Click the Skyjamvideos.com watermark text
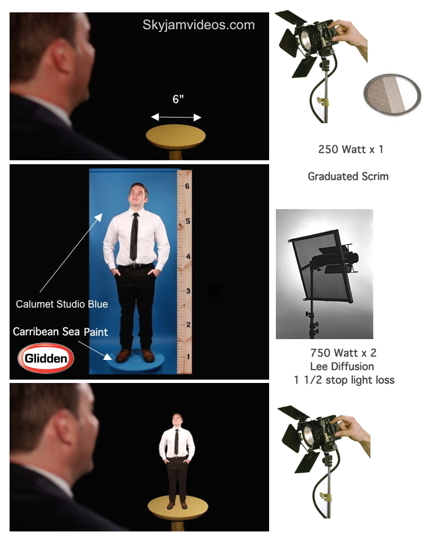[x=199, y=25]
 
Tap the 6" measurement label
[x=178, y=99]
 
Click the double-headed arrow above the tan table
[x=176, y=118]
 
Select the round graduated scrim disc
[x=392, y=94]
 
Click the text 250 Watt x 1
[x=351, y=150]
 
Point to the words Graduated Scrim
[x=348, y=177]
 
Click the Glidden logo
[x=46, y=358]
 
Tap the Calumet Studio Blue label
[x=62, y=304]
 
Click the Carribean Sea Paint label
[x=60, y=332]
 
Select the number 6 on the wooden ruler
[x=187, y=186]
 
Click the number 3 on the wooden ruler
[x=188, y=291]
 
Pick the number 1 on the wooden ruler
[x=188, y=357]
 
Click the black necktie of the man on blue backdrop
[x=134, y=237]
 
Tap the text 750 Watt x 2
[x=343, y=353]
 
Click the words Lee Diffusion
[x=342, y=366]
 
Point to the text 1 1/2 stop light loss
[x=344, y=380]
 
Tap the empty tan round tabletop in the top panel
[x=176, y=136]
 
